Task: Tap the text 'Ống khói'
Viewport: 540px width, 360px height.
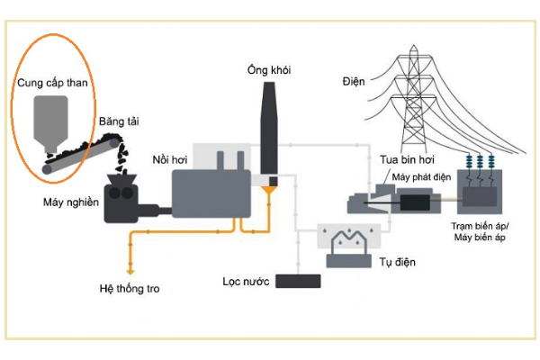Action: (x=270, y=70)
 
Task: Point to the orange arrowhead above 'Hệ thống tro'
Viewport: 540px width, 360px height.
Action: (x=131, y=269)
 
